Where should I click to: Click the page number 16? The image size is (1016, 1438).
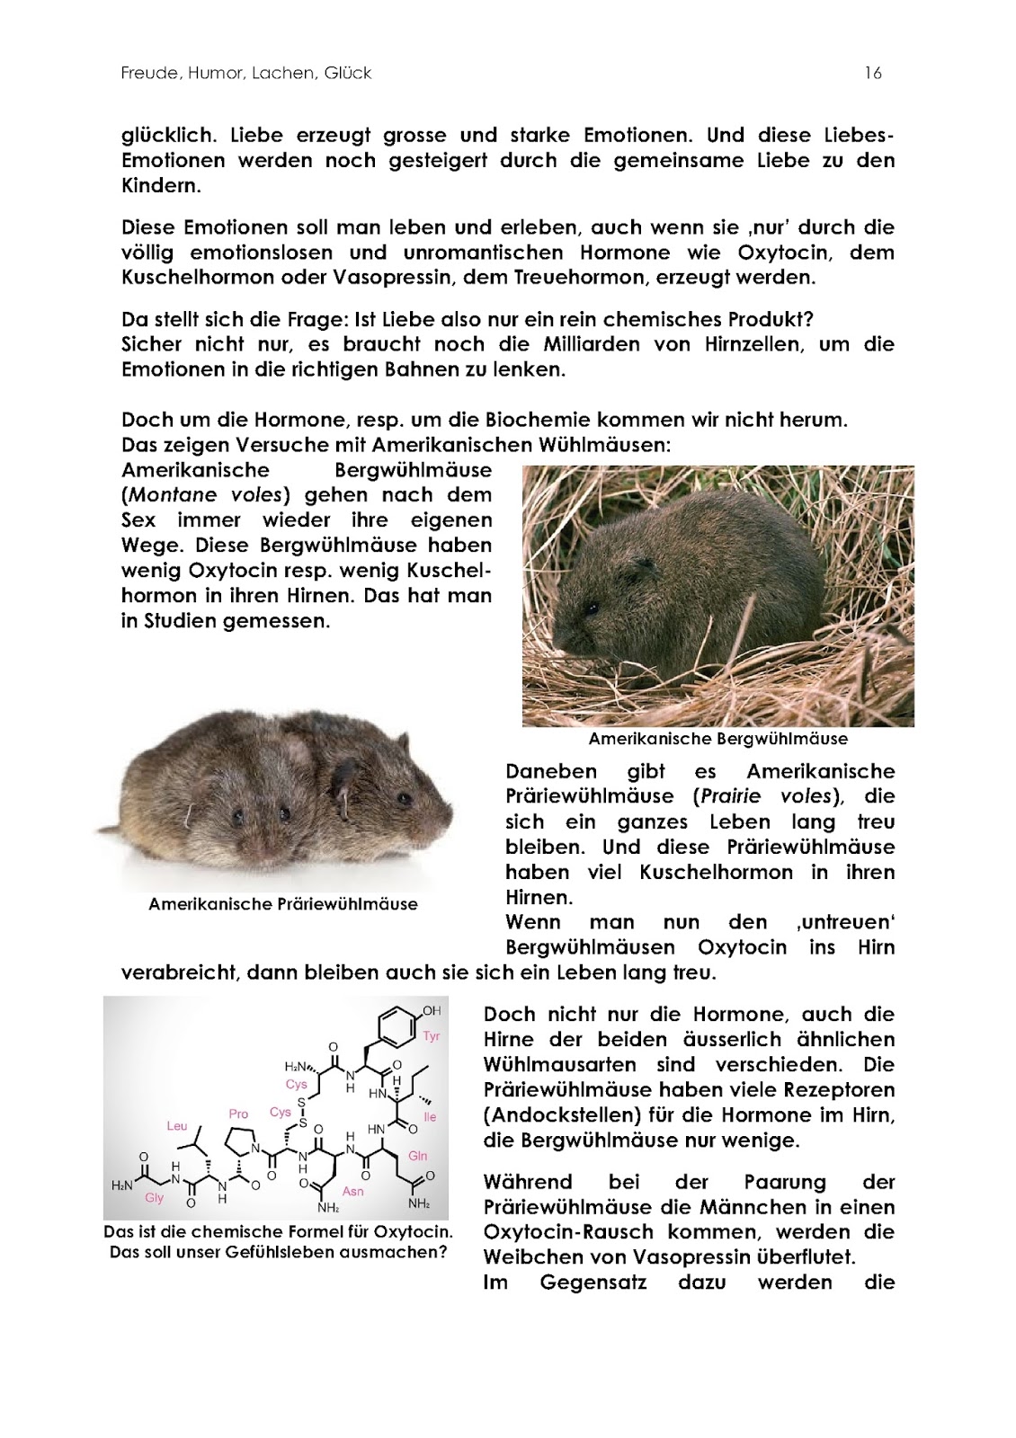[x=872, y=74]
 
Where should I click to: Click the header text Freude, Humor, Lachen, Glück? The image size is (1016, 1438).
[x=246, y=74]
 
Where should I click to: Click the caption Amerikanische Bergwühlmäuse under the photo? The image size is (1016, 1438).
[x=717, y=740]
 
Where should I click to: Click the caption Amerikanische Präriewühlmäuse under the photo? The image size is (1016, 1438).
[x=282, y=904]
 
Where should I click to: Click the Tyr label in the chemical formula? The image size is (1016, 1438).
[x=432, y=1036]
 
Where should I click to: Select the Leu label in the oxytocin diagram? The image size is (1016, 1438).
[x=177, y=1125]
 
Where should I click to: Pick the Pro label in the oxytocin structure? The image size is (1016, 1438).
[x=238, y=1114]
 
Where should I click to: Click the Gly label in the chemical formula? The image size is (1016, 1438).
[x=154, y=1199]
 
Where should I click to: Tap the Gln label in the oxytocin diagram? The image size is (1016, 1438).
[x=418, y=1156]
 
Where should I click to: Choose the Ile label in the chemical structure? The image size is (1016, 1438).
[x=430, y=1117]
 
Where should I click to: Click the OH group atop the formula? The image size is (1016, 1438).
[x=432, y=1011]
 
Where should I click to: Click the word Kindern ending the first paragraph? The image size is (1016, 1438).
[x=160, y=186]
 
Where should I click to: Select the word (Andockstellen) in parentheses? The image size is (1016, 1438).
[x=553, y=1115]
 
